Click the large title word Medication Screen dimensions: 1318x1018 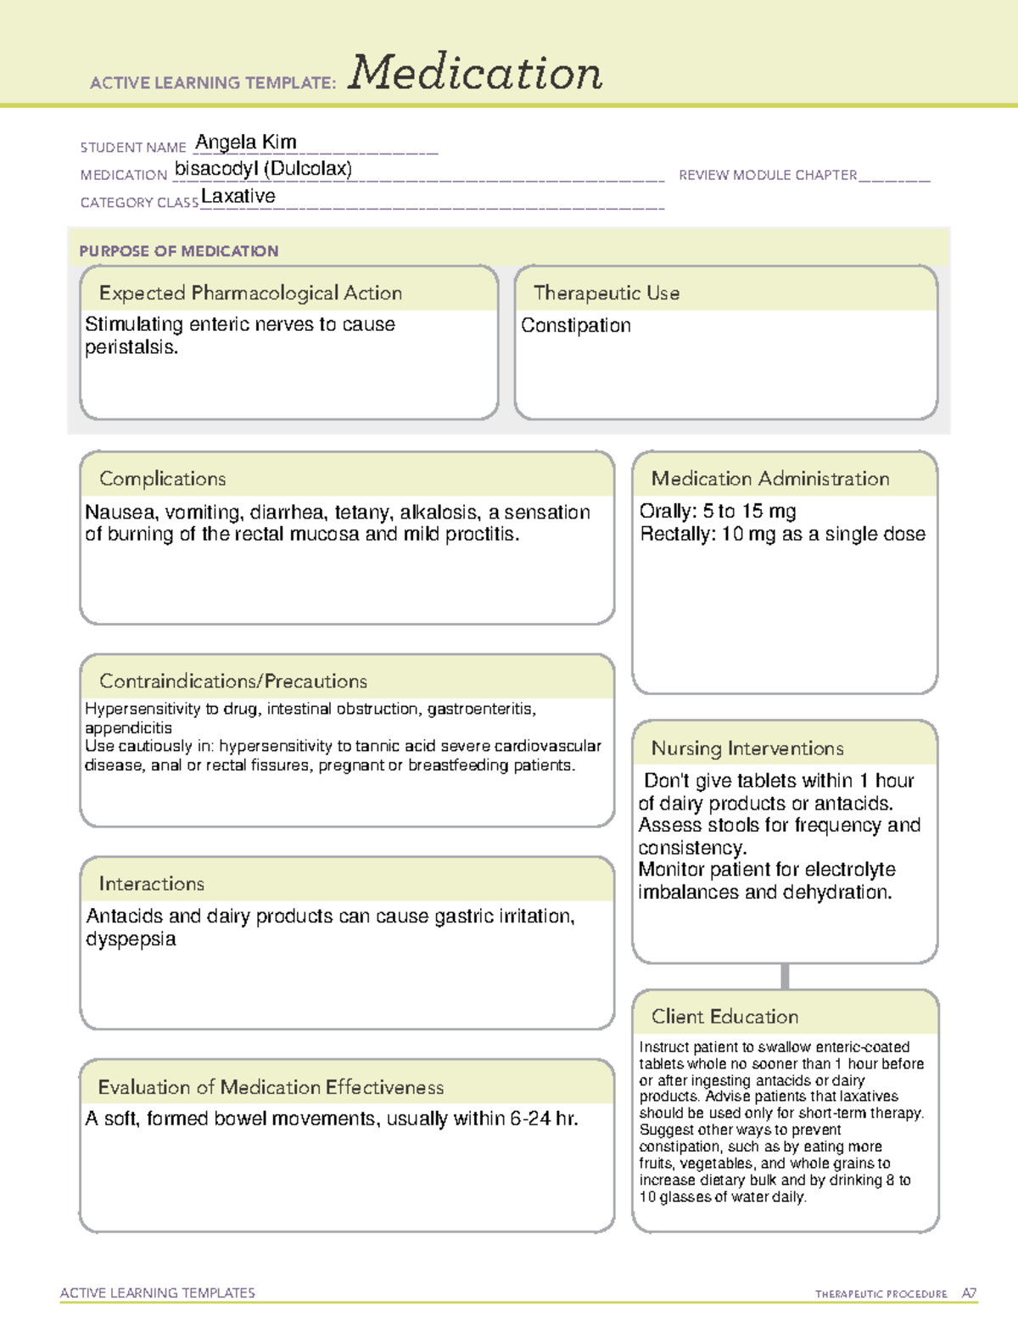click(x=475, y=73)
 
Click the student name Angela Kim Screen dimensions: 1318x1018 click(x=246, y=142)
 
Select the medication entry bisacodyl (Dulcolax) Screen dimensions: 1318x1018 click(x=263, y=169)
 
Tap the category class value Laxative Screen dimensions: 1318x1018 click(x=238, y=196)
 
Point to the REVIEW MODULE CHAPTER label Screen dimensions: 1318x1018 click(x=768, y=175)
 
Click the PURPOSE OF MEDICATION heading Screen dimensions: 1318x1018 click(x=179, y=251)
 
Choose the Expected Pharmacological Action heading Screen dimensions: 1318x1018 click(x=250, y=293)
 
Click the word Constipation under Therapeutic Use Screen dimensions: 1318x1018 click(x=576, y=325)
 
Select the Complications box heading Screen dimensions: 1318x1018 click(x=163, y=479)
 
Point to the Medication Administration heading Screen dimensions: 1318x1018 click(x=770, y=479)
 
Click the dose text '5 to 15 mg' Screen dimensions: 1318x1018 click(x=750, y=511)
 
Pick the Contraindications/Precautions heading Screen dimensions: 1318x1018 click(x=233, y=681)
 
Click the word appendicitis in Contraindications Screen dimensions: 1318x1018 click(x=128, y=728)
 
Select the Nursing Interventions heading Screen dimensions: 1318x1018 click(x=747, y=749)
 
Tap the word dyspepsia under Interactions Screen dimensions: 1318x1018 click(x=131, y=939)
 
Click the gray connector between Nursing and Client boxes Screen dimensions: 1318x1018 click(x=785, y=976)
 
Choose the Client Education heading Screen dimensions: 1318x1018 click(x=724, y=1017)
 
